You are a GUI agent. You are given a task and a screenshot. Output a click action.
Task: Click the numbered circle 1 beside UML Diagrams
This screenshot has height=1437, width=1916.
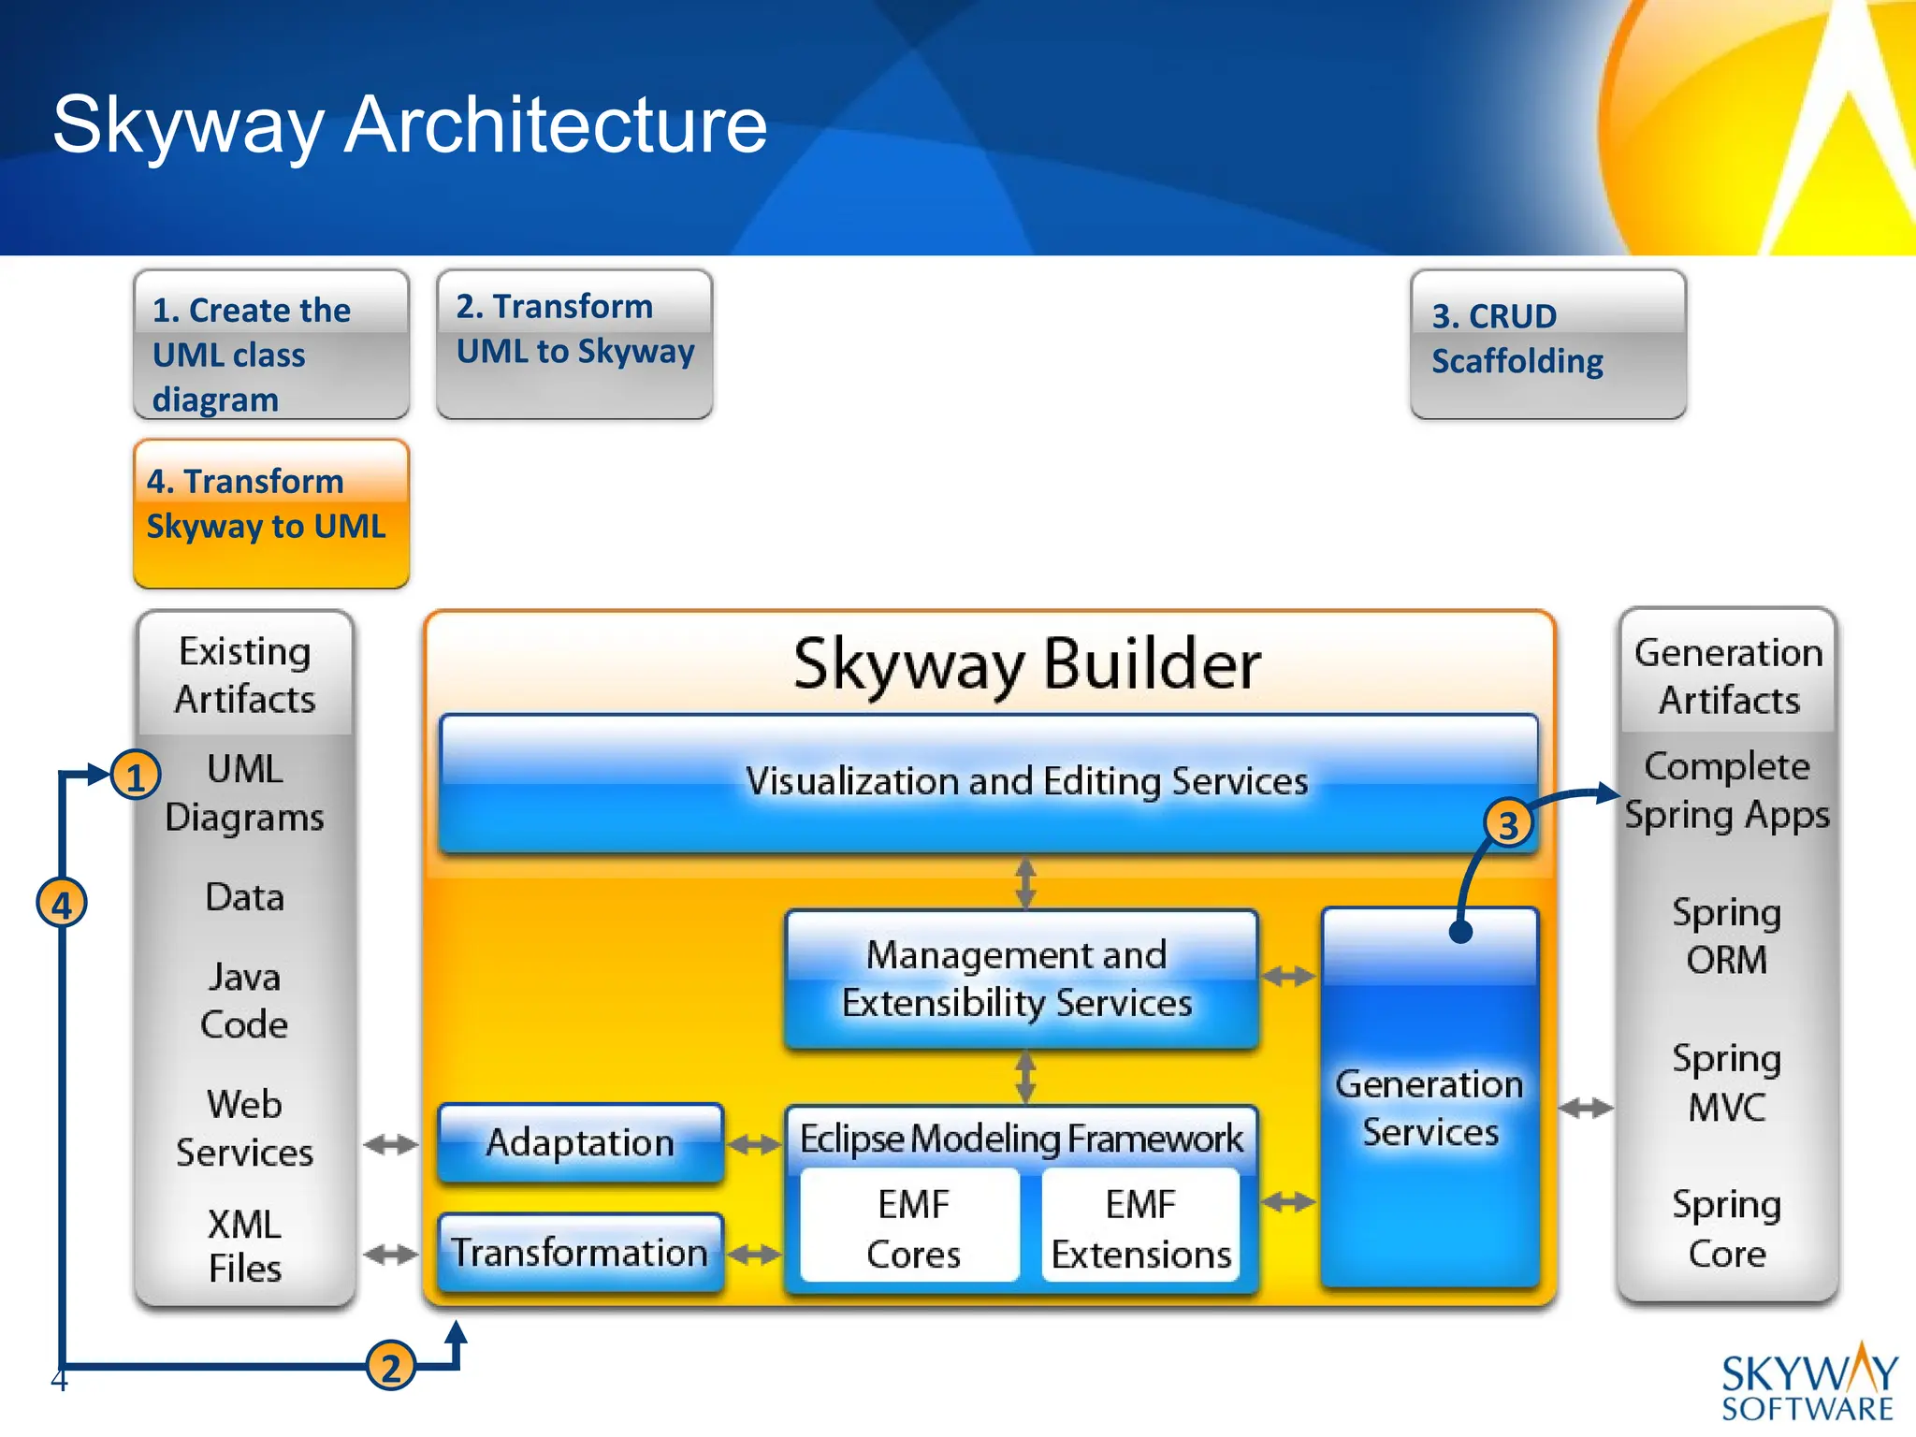136,777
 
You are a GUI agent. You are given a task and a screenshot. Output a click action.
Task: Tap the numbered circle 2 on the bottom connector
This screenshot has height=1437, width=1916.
390,1367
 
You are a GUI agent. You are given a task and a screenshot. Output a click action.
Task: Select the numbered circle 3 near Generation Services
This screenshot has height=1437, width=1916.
1508,825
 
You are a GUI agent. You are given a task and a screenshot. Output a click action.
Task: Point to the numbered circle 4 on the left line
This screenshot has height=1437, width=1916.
62,905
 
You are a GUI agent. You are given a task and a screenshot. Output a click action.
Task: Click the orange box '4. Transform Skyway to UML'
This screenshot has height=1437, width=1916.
271,514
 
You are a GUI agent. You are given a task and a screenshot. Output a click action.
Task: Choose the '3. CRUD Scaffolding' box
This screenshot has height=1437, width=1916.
1548,344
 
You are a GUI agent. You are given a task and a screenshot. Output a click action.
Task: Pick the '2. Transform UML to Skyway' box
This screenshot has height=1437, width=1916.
574,344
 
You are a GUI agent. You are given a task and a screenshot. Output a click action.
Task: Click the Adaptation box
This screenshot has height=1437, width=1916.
580,1142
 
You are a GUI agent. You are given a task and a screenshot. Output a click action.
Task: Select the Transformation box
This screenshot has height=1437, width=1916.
580,1252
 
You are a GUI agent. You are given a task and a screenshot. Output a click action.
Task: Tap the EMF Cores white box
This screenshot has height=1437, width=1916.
912,1227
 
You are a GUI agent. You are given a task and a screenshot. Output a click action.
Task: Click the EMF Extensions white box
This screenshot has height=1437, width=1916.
1140,1227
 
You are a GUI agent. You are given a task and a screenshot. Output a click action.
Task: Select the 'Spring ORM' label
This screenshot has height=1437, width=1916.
1726,936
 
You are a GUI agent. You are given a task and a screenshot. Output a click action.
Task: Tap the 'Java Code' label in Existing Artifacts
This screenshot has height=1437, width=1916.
244,1001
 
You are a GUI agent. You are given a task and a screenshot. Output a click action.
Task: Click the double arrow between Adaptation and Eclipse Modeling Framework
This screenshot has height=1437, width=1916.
754,1144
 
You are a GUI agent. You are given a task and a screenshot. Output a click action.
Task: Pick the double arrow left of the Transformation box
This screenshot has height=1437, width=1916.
390,1254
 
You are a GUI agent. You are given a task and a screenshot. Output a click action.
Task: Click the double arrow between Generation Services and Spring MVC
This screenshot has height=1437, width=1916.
1585,1109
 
